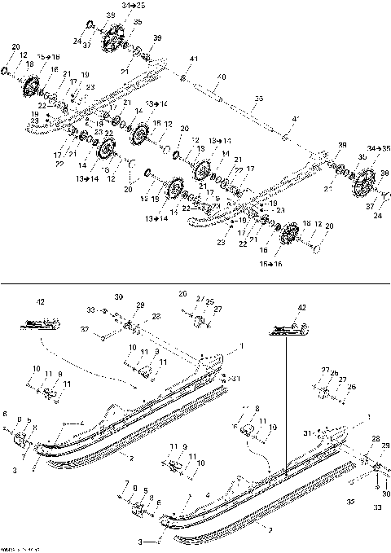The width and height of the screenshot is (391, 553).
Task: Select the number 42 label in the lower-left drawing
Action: pyautogui.click(x=40, y=301)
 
